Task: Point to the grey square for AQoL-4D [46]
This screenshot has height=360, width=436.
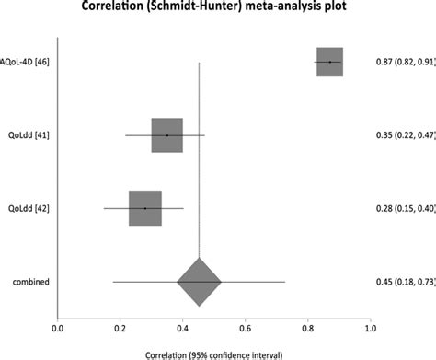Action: [329, 62]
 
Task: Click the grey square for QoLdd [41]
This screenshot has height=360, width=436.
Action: [167, 135]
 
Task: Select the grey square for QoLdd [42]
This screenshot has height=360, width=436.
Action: [145, 208]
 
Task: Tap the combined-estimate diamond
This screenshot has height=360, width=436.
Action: [199, 281]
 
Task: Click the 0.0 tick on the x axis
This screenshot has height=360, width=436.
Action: [58, 326]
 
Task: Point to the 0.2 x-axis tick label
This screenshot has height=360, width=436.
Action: [120, 326]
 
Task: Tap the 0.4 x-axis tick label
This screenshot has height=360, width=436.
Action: [183, 326]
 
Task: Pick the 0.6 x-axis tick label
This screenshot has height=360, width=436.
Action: [246, 326]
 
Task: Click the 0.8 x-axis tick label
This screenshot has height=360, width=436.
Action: [308, 326]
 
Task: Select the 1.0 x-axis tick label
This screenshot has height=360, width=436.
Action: [370, 326]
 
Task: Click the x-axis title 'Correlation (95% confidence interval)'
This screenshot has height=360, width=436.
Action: [213, 353]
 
